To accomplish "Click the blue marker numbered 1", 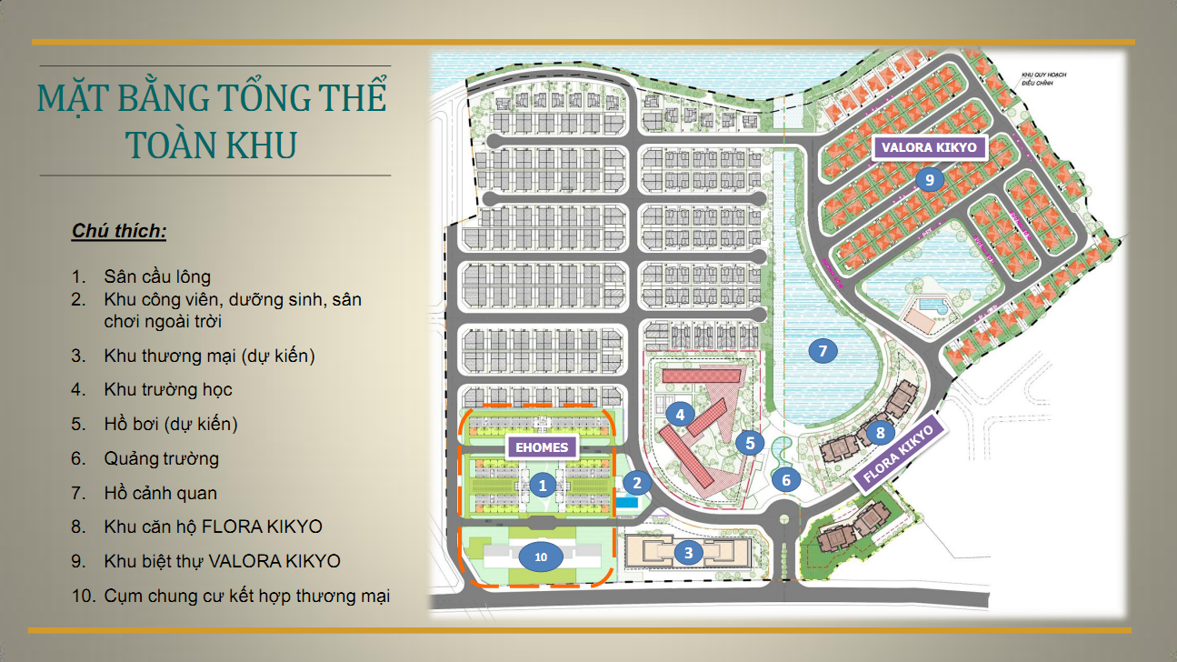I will (543, 485).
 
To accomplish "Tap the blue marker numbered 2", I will (637, 484).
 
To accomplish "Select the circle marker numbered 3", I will (689, 551).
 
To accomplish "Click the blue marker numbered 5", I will (750, 443).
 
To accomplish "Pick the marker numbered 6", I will (786, 478).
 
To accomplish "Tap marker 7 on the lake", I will (822, 350).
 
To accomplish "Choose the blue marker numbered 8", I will (880, 432).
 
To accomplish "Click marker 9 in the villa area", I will (929, 179).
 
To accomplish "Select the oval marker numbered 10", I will (542, 557).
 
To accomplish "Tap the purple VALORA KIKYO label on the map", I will (928, 147).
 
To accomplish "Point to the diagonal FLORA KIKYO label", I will (901, 452).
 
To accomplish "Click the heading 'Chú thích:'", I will (119, 232).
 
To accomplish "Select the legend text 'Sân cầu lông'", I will (157, 276).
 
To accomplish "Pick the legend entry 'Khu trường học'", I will (168, 389).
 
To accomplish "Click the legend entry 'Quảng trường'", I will (162, 458).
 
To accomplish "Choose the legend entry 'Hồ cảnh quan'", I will (161, 493).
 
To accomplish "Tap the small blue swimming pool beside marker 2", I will (627, 502).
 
